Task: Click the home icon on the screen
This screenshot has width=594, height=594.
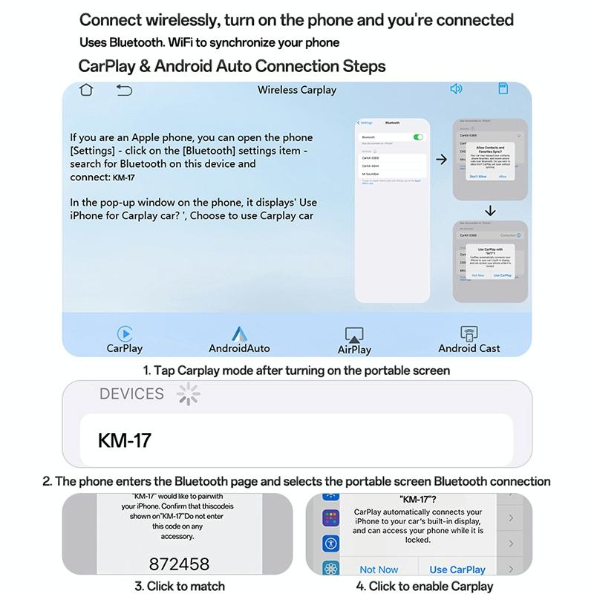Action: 88,90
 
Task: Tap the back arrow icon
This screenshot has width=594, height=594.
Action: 124,90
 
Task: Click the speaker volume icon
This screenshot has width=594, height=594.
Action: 456,89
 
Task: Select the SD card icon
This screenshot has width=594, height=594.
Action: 503,89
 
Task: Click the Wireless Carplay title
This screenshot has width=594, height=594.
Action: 297,90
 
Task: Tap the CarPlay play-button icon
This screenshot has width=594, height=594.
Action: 125,333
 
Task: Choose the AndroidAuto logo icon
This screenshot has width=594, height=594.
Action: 239,333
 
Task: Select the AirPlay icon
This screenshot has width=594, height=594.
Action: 354,335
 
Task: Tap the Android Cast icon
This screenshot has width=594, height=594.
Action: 469,333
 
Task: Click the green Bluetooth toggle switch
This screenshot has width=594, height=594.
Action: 418,137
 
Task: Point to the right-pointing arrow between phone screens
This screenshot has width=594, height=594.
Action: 441,160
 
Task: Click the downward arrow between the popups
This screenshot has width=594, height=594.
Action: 490,211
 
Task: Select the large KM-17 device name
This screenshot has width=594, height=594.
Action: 125,440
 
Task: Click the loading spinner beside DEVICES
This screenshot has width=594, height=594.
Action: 189,394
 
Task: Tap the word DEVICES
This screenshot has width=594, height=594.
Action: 131,394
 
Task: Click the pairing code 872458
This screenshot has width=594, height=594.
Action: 179,564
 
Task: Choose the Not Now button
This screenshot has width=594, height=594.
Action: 379,569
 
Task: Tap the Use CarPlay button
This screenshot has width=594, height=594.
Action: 457,569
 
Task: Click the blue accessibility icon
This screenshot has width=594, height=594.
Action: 330,544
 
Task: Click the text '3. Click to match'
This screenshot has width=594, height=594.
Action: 179,586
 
